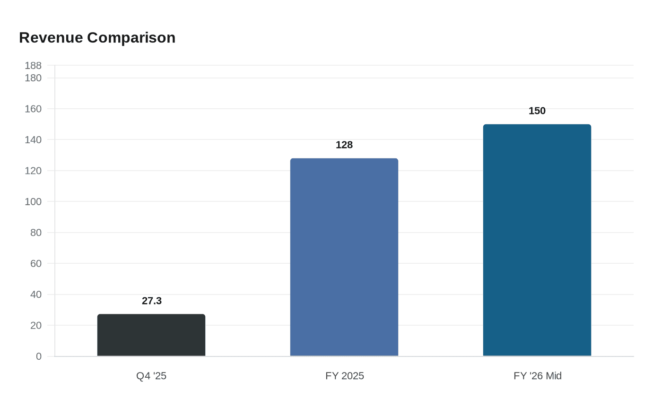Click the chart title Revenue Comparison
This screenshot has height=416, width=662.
97,37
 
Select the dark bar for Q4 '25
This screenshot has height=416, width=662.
151,335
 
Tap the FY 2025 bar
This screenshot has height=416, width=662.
344,257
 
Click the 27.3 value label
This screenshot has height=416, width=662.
152,301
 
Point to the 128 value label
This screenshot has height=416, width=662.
344,145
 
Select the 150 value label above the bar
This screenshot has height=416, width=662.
537,111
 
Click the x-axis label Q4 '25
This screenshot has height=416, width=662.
151,376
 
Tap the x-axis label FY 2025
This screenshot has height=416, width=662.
345,376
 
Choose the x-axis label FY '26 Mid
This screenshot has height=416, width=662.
538,376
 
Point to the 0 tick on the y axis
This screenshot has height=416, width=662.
39,356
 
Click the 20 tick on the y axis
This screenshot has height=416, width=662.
36,325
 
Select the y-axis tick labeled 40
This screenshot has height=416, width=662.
36,295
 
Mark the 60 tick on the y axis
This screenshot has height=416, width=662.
36,263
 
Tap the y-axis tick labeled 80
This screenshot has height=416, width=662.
36,233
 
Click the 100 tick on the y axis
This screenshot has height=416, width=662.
33,201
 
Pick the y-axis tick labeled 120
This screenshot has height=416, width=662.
33,171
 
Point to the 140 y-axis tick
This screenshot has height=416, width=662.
33,139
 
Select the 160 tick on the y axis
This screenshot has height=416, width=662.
33,109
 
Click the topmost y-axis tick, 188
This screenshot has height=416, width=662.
33,65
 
